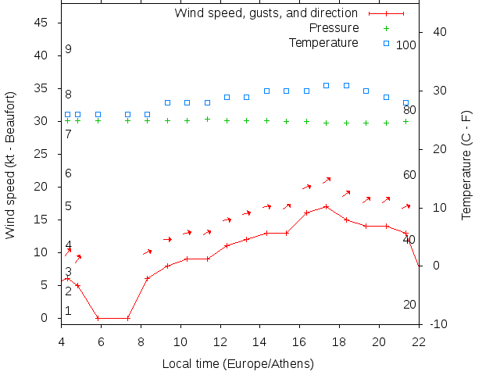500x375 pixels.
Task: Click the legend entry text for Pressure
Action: coord(333,27)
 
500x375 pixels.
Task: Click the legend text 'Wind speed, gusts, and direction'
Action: coord(266,12)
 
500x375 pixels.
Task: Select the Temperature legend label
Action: coord(323,42)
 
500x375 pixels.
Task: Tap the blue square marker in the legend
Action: coord(386,42)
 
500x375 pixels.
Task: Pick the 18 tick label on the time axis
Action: coord(339,341)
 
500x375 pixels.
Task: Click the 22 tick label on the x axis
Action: coord(419,341)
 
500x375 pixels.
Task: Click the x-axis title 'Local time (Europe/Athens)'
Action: coord(237,364)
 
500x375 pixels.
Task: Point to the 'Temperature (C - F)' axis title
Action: coord(466,164)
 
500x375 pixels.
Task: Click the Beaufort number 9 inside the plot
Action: coord(69,49)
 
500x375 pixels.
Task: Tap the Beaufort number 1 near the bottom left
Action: coord(69,311)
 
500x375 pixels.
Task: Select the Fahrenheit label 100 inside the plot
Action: coord(406,45)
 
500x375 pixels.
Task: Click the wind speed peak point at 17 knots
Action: coord(326,206)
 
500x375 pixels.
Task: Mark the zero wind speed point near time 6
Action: coord(98,318)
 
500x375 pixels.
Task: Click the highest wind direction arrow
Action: coord(327,180)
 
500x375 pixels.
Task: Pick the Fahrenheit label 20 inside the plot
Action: coord(409,304)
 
